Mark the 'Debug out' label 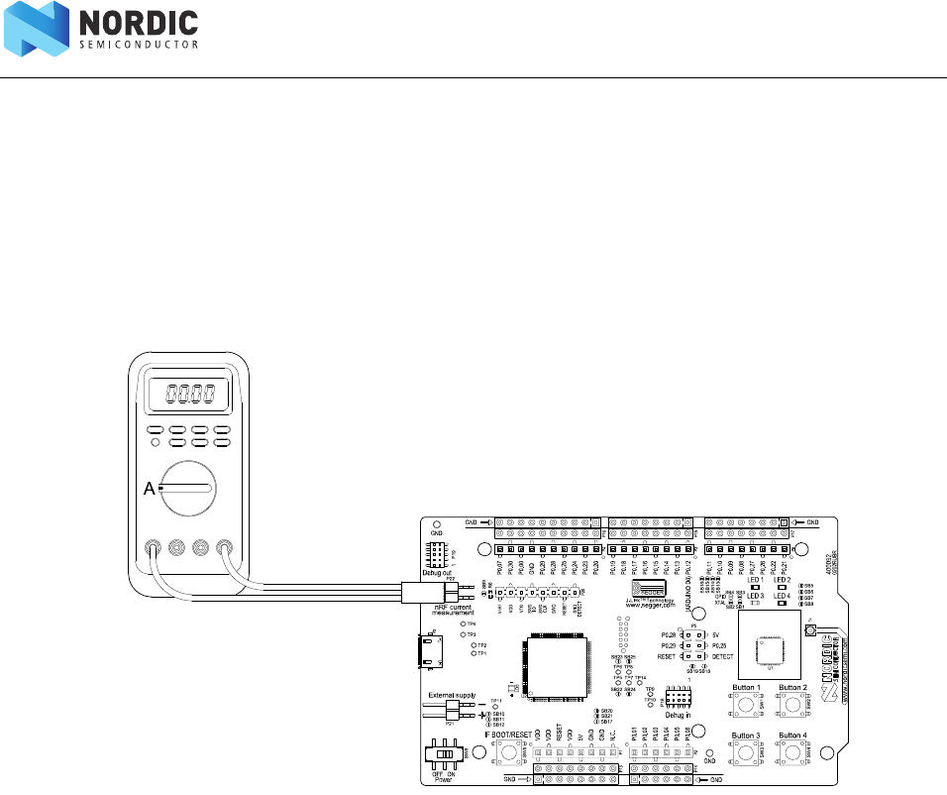click(x=436, y=572)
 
